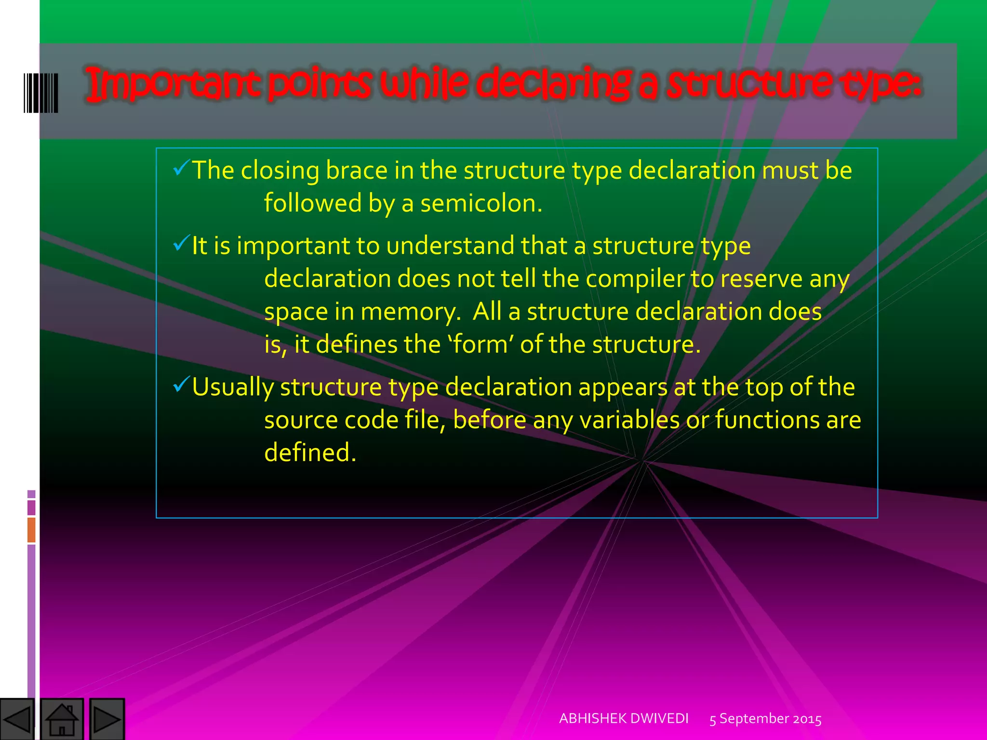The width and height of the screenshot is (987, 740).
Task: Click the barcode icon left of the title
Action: point(41,93)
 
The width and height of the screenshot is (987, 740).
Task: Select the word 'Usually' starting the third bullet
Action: point(232,387)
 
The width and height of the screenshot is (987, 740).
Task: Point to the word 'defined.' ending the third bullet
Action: point(310,452)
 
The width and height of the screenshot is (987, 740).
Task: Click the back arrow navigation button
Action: point(17,719)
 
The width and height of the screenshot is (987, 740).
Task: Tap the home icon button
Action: point(62,719)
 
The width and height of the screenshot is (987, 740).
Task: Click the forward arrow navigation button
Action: point(107,719)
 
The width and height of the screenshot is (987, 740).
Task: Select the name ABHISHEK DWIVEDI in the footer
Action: point(624,718)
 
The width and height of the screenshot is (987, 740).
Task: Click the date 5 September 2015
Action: point(765,719)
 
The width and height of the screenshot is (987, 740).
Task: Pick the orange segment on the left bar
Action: point(31,529)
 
